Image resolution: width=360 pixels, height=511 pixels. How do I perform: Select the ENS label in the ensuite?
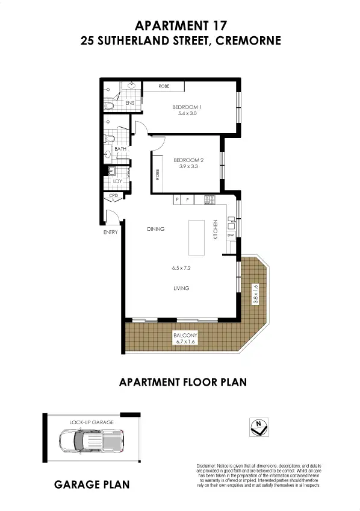129,104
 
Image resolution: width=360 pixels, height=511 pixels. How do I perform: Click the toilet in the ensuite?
110,105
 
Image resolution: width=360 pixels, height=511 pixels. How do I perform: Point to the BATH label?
120,149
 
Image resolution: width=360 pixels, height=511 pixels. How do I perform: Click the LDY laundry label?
118,181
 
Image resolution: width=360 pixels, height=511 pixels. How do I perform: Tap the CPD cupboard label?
113,196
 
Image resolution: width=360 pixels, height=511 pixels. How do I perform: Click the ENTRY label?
110,231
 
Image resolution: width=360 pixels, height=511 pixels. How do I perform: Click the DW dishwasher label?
230,235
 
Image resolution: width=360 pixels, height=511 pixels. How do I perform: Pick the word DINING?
155,229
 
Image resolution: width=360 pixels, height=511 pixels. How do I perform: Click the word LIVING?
181,288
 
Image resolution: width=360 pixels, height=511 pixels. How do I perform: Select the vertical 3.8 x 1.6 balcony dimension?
255,293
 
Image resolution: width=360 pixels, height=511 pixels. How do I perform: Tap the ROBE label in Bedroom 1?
164,86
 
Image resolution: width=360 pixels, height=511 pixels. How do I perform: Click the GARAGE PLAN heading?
92,484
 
